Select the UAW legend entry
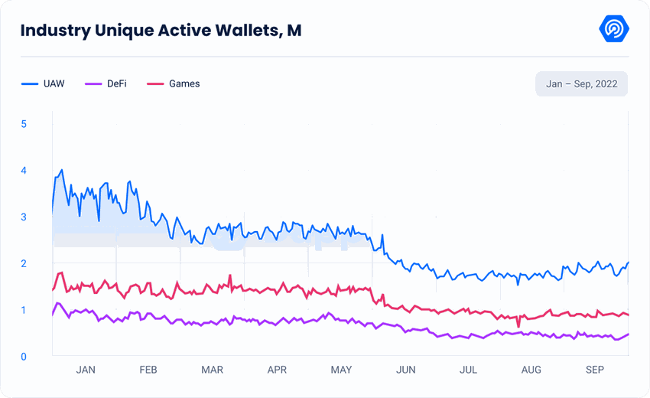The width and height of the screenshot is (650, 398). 44,83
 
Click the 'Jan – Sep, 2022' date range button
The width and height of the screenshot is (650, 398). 581,83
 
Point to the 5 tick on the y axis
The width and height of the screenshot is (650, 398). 24,123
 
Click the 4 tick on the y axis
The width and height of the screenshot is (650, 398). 24,170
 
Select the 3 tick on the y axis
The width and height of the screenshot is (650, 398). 24,217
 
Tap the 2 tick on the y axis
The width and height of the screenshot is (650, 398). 24,263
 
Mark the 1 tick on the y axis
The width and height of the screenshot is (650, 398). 24,310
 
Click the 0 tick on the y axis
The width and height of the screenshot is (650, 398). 24,357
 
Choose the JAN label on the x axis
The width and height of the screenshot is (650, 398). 86,370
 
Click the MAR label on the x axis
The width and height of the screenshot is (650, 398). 212,370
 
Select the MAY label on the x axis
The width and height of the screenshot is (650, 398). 341,370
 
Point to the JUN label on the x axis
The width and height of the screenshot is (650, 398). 405,370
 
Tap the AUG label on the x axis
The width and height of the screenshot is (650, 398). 531,370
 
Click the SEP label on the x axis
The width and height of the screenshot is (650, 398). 594,370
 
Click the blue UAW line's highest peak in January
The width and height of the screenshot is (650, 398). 61,170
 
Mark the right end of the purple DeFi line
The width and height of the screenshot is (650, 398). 628,334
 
